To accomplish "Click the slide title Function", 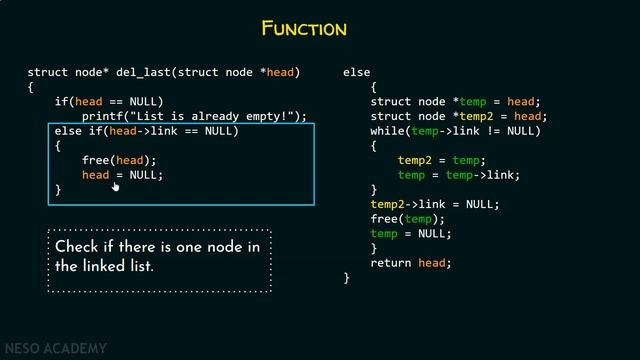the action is tap(303, 28).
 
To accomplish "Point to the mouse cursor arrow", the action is tap(115, 185).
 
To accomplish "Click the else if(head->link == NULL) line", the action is tap(146, 131).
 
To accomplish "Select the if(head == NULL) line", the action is tap(108, 102).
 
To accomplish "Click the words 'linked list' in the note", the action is tap(117, 267).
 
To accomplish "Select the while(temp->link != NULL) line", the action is tap(455, 131).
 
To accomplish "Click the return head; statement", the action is tap(411, 263).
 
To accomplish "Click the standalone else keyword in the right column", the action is tap(356, 73).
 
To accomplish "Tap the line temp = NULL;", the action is tap(410, 234).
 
